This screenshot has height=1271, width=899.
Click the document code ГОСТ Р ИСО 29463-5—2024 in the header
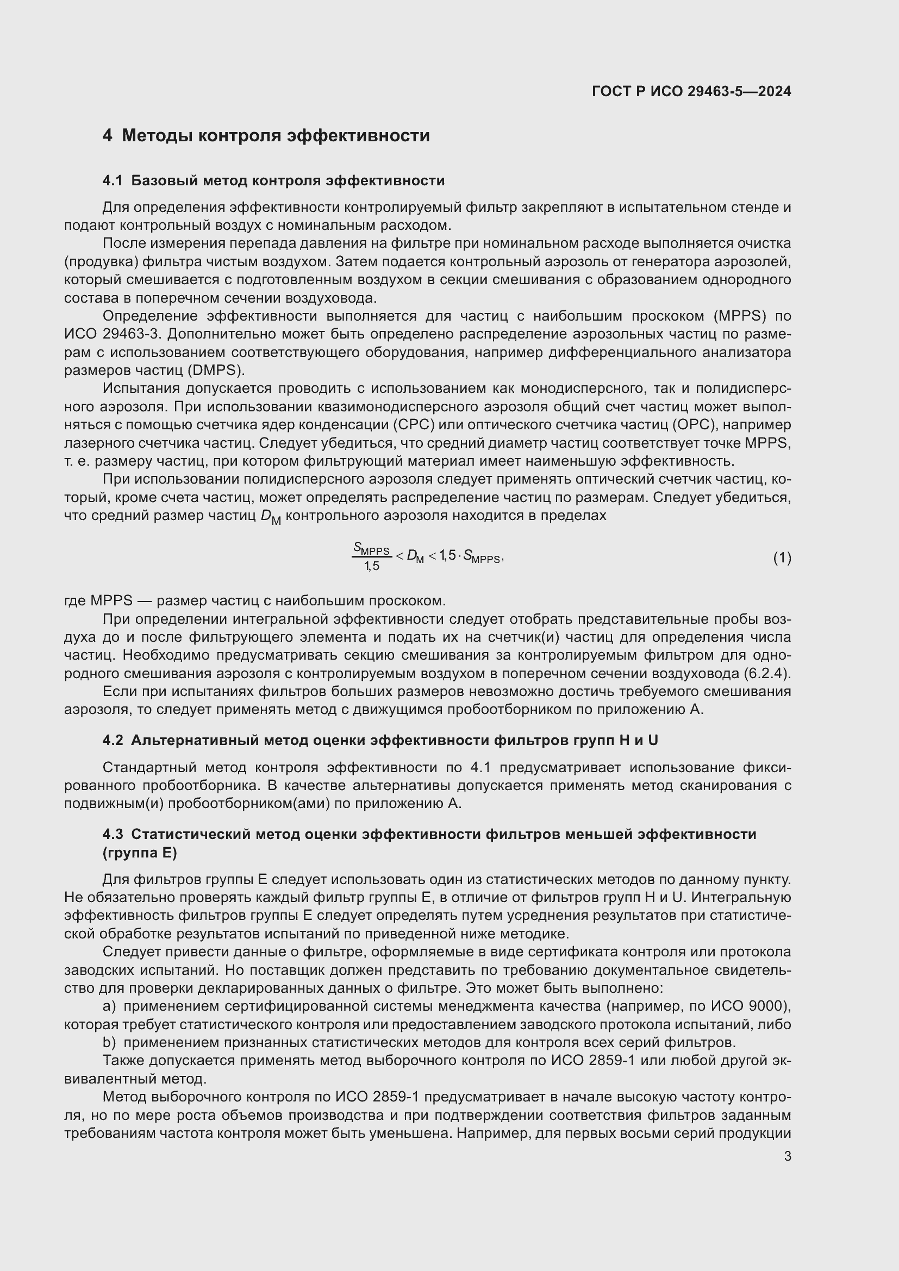691,91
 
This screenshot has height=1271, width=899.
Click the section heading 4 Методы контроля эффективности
266,136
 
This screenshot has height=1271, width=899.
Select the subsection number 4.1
113,181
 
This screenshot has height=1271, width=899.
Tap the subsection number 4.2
113,740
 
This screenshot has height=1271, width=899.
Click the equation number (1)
782,558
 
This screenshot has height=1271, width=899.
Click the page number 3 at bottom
787,1156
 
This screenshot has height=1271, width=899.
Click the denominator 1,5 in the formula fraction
371,566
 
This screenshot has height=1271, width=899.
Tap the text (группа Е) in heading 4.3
140,853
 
